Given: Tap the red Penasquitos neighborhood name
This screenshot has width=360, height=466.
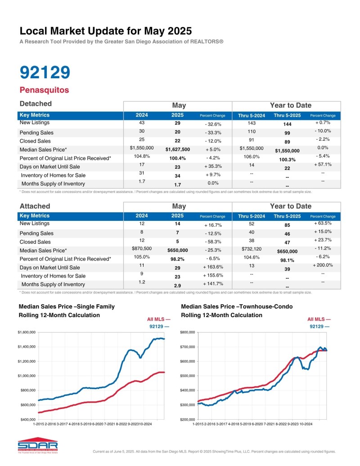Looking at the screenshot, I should [44, 90].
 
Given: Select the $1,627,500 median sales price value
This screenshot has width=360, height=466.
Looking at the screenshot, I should [178, 149].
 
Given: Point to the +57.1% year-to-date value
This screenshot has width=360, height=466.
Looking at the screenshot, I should [323, 165].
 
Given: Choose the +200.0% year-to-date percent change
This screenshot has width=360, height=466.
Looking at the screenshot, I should [323, 265].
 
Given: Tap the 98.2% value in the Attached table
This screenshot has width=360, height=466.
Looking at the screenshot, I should [178, 259].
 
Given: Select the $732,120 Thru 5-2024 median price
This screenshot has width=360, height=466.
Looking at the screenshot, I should [251, 248].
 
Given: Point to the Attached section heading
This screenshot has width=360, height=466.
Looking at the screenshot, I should [35, 206].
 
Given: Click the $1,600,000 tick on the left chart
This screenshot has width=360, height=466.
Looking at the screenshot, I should [27, 332].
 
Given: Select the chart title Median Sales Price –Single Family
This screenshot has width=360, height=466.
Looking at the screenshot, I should [67, 307].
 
